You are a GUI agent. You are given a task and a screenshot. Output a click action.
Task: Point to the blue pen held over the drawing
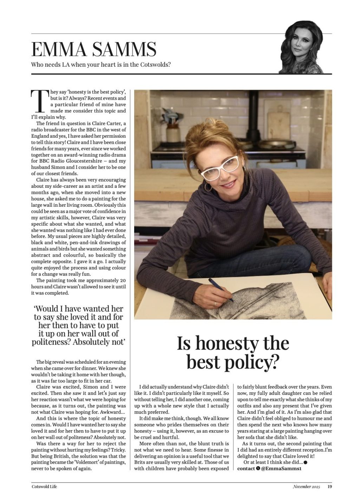pyautogui.click(x=221, y=290)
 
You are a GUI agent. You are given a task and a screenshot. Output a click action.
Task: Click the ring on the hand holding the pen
pyautogui.click(x=215, y=303)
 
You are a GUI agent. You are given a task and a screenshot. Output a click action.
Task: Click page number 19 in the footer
pyautogui.click(x=329, y=487)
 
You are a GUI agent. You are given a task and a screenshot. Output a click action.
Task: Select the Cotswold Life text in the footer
pyautogui.click(x=44, y=487)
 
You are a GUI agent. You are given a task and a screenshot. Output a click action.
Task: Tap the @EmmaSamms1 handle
pyautogui.click(x=282, y=468)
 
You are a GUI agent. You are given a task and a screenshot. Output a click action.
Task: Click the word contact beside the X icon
pyautogui.click(x=246, y=468)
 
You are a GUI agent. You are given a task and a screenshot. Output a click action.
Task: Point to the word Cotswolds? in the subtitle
pyautogui.click(x=155, y=65)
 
